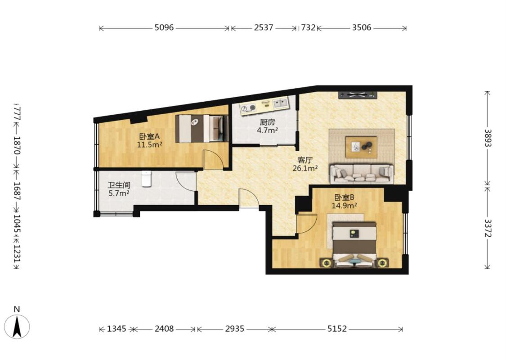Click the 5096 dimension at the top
tap(164, 28)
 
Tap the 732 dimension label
tap(308, 28)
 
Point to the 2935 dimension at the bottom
tap(235, 329)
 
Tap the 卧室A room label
tap(149, 136)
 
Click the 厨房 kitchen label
tap(268, 122)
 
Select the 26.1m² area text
tap(305, 168)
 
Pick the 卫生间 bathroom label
tap(119, 185)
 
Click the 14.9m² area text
tap(345, 206)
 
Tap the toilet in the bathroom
tap(147, 179)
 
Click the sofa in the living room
tap(362, 174)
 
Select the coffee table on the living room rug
tap(361, 147)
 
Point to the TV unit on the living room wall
tap(358, 95)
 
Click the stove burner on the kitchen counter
tap(250, 107)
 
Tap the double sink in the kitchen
tap(281, 103)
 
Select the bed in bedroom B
tap(354, 244)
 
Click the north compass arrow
tap(17, 326)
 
